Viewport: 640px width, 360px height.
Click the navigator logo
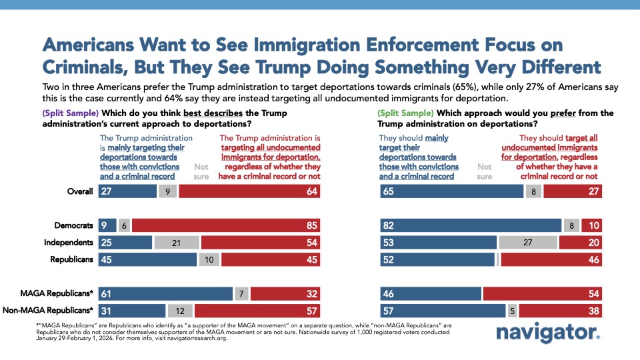[548, 335]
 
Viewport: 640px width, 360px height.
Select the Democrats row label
[74, 225]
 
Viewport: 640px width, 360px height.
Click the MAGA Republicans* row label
[62, 294]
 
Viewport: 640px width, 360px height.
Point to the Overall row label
[81, 191]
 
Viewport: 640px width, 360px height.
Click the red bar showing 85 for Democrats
[226, 225]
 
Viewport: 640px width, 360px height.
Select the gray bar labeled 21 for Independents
[177, 242]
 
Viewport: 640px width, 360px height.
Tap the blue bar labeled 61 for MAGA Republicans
[165, 294]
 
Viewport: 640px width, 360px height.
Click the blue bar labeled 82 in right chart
[471, 225]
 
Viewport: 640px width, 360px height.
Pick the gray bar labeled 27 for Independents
[527, 242]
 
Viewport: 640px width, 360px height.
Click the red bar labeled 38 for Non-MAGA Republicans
[560, 311]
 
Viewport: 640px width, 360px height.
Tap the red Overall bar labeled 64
[250, 191]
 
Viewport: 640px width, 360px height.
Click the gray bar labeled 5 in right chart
[512, 311]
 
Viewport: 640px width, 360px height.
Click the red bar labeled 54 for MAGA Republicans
[542, 294]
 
